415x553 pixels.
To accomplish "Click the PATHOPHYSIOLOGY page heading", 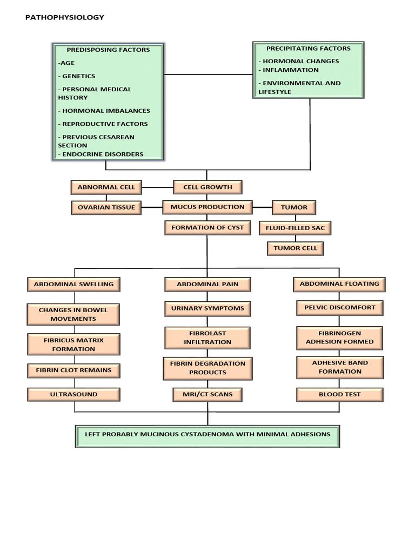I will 65,17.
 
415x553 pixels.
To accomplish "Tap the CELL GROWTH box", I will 207,187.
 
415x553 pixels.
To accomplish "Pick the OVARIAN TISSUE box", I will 106,207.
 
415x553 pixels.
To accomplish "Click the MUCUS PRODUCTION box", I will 207,207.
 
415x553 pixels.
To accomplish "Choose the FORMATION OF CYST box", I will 207,228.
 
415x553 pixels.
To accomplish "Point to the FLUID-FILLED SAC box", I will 295,228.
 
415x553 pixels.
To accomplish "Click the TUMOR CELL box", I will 295,248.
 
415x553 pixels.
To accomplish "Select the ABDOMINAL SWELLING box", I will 74,284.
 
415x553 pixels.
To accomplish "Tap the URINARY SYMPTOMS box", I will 207,309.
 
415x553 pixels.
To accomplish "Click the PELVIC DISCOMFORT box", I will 339,308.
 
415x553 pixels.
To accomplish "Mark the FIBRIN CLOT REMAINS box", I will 74,370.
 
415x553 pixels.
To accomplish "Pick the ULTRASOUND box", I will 74,395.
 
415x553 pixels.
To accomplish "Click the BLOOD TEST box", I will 339,395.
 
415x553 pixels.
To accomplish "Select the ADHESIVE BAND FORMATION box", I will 339,367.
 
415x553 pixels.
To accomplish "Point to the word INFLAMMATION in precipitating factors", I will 290,70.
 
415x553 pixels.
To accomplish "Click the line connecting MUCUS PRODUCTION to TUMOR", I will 263,207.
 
